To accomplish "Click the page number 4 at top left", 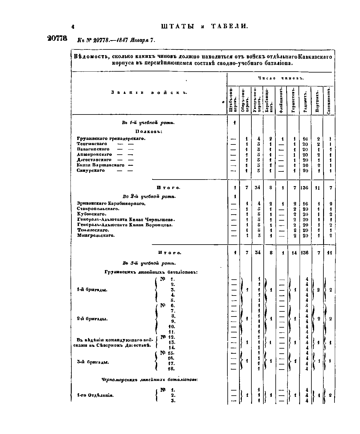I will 73,27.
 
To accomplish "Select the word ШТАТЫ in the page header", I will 178,26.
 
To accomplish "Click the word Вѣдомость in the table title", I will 91,57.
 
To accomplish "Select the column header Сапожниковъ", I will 329,100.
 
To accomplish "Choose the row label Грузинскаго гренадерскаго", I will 111,138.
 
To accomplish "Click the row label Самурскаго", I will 91,171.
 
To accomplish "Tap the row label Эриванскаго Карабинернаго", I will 111,204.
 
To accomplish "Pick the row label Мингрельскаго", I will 96,236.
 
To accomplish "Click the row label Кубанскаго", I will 92,214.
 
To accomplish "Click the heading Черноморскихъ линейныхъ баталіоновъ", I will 150,380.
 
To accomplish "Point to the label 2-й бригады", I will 92,319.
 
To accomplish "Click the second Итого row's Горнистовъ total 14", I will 294,253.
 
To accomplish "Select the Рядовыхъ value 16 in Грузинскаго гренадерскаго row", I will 305,139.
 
